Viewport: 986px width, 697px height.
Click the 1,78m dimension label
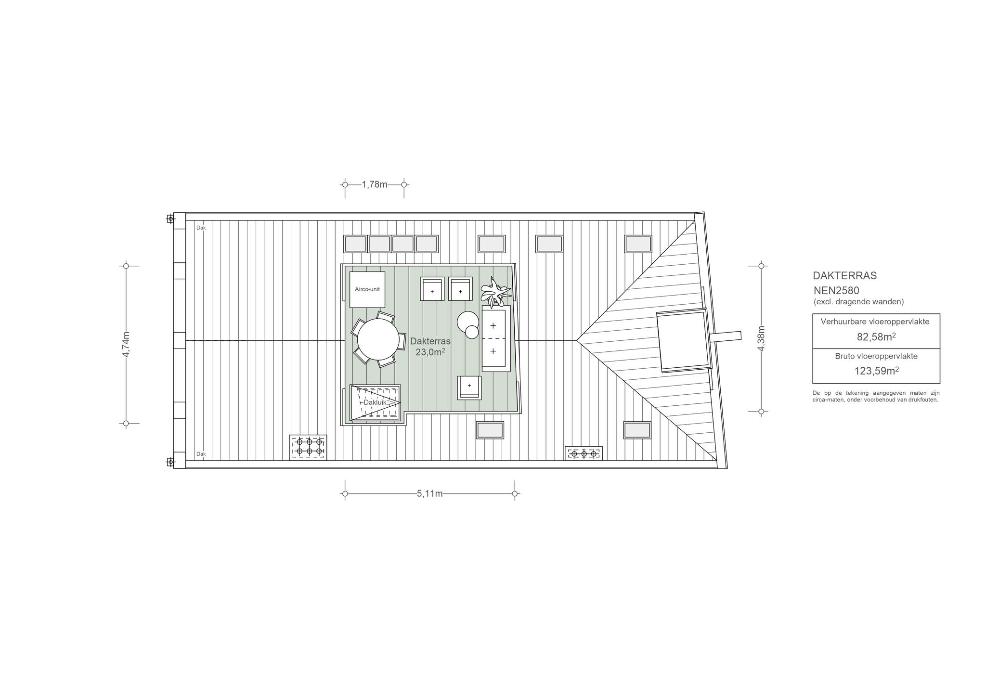[x=375, y=184]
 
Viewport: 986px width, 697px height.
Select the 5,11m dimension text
[x=430, y=493]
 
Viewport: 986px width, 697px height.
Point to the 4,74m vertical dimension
[x=126, y=345]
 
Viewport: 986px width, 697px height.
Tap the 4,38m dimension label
[x=761, y=338]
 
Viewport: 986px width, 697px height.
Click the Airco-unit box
[x=367, y=289]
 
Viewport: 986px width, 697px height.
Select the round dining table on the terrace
[x=378, y=340]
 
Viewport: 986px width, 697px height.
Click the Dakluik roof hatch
[x=375, y=402]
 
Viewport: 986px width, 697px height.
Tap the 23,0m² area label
[x=430, y=352]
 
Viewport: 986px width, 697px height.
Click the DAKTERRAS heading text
[x=844, y=276]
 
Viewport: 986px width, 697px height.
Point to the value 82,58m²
[x=876, y=337]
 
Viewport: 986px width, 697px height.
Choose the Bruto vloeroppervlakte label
[x=876, y=356]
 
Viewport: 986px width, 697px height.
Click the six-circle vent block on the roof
[x=308, y=447]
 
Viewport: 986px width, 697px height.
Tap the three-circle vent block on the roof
[x=584, y=453]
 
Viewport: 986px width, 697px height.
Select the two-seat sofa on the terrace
[x=496, y=338]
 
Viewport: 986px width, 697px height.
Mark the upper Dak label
[x=201, y=228]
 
